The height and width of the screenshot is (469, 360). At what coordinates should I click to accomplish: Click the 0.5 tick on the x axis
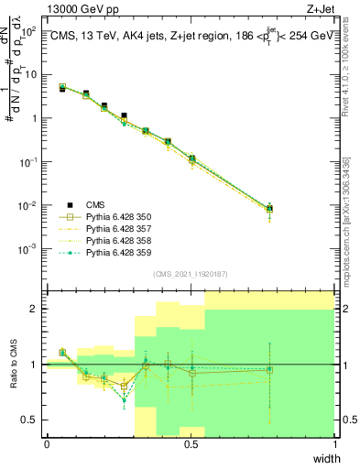tap(191, 444)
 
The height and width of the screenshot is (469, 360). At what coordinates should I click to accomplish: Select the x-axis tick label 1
tap(334, 444)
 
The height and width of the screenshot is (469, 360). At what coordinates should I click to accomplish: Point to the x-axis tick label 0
tap(47, 444)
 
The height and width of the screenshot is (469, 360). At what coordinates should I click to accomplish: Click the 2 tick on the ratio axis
tap(34, 309)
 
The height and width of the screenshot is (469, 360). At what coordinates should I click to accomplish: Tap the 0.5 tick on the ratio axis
tap(31, 420)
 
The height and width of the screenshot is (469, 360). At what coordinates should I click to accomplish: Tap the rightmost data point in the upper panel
tap(269, 209)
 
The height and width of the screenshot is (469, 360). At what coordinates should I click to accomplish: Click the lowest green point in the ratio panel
tap(125, 399)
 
